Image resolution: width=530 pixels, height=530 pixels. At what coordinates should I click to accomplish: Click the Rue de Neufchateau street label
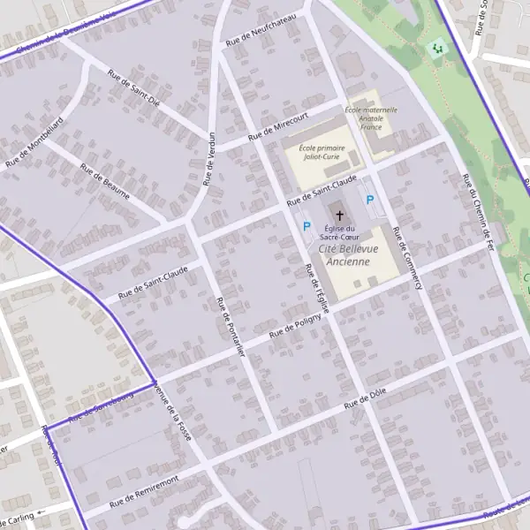click(265, 29)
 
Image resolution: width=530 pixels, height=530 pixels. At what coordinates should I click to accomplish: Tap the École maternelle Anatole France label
click(371, 117)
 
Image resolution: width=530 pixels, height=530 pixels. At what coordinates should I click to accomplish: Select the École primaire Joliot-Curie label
click(321, 152)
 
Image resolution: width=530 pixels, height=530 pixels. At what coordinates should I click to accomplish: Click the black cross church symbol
click(338, 216)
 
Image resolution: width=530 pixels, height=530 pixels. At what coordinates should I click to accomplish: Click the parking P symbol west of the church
click(307, 227)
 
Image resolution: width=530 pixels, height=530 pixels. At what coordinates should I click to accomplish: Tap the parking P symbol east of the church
click(370, 201)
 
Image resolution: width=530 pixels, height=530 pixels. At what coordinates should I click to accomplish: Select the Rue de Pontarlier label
click(230, 328)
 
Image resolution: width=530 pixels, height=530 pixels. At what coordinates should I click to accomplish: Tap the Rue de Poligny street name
click(296, 327)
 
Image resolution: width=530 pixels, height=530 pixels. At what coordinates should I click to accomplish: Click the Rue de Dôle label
click(367, 398)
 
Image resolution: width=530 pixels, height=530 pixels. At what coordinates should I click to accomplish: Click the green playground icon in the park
click(435, 48)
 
